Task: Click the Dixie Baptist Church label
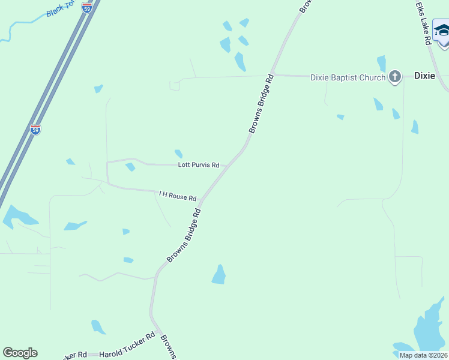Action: (x=348, y=77)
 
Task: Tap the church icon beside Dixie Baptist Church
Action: (x=394, y=76)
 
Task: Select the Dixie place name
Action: (x=424, y=76)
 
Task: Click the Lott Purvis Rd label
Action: (x=199, y=164)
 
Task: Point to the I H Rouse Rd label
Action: (x=178, y=195)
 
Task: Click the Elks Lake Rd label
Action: (x=424, y=22)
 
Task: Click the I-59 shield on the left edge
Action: (x=35, y=129)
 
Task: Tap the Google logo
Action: (x=20, y=353)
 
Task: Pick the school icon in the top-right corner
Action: (x=442, y=31)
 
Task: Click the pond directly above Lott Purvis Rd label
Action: (x=178, y=154)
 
